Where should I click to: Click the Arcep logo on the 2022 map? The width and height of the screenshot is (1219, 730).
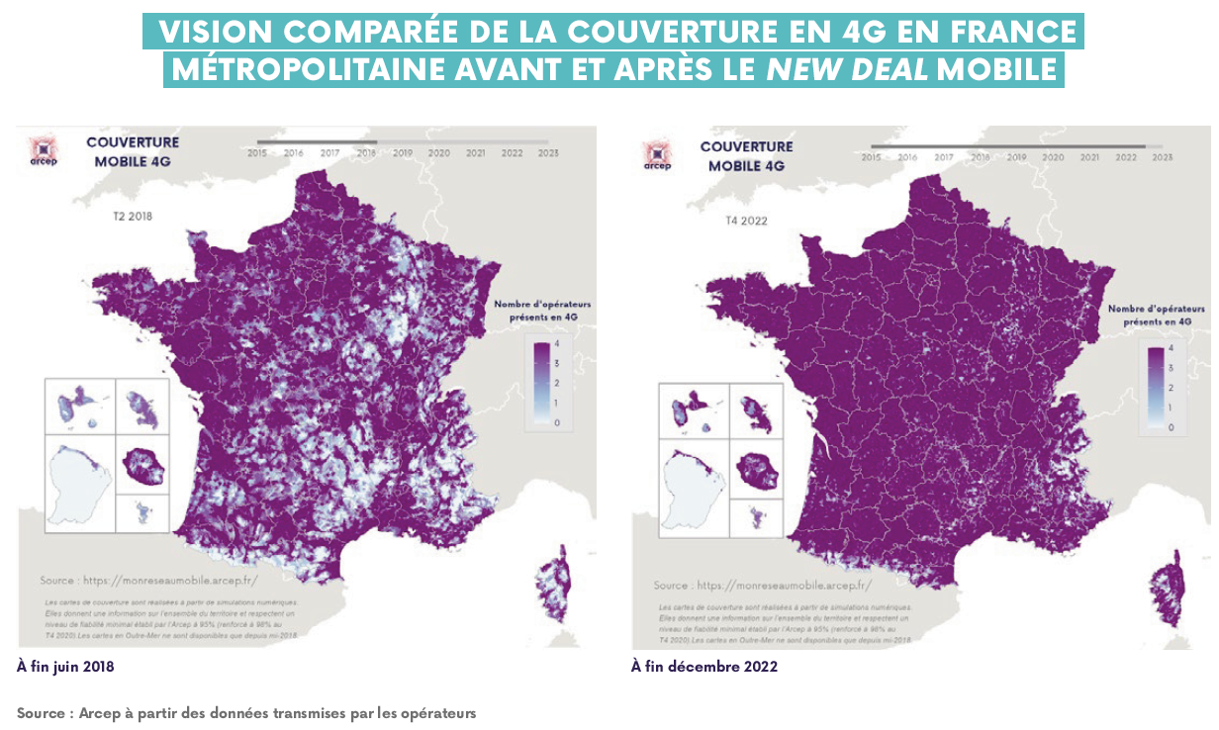click(656, 155)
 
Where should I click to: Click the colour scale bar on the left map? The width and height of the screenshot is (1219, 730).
click(541, 384)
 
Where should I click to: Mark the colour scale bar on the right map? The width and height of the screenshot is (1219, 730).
click(1155, 387)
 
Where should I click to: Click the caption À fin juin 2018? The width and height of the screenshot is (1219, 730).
click(65, 667)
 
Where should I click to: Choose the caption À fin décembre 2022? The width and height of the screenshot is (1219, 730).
click(704, 667)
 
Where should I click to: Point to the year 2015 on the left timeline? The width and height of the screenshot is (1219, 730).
click(257, 153)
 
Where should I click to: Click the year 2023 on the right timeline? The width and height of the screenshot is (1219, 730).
click(1163, 157)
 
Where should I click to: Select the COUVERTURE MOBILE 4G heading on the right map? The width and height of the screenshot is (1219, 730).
click(746, 156)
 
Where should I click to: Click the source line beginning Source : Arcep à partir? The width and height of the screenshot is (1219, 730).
click(246, 712)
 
